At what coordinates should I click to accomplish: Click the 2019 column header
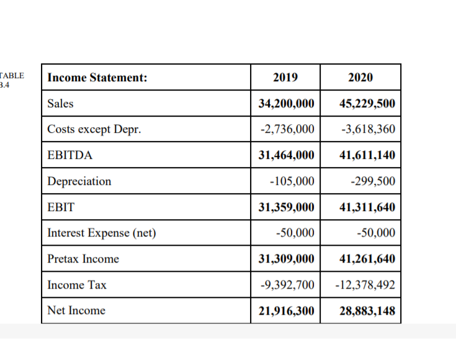click(285, 78)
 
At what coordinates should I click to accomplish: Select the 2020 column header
click(360, 78)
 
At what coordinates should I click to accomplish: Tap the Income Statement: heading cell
click(97, 78)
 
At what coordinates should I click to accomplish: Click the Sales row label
click(60, 104)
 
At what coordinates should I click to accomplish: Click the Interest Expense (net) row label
click(101, 233)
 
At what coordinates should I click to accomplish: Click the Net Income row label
click(76, 310)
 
